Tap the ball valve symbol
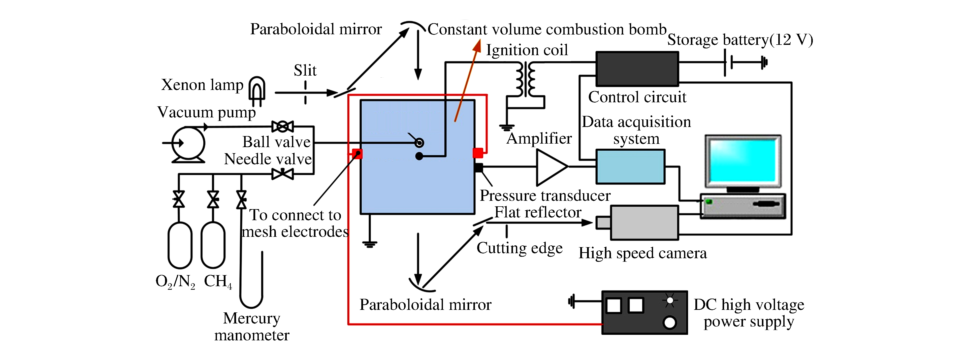(x=282, y=126)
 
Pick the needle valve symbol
(x=282, y=174)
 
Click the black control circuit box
(x=637, y=69)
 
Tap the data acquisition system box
(x=630, y=167)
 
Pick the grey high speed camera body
(x=644, y=222)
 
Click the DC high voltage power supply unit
(x=644, y=312)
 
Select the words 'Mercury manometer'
(x=252, y=326)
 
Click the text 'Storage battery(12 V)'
(x=740, y=40)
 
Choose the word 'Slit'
(x=305, y=70)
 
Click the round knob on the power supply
(x=670, y=322)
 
